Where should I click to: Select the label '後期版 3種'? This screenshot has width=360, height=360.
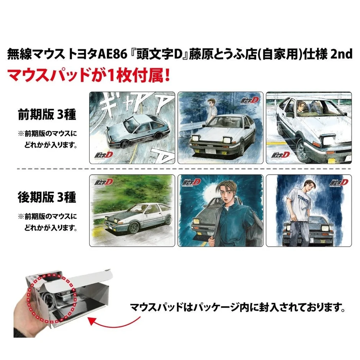(x=47, y=198)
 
